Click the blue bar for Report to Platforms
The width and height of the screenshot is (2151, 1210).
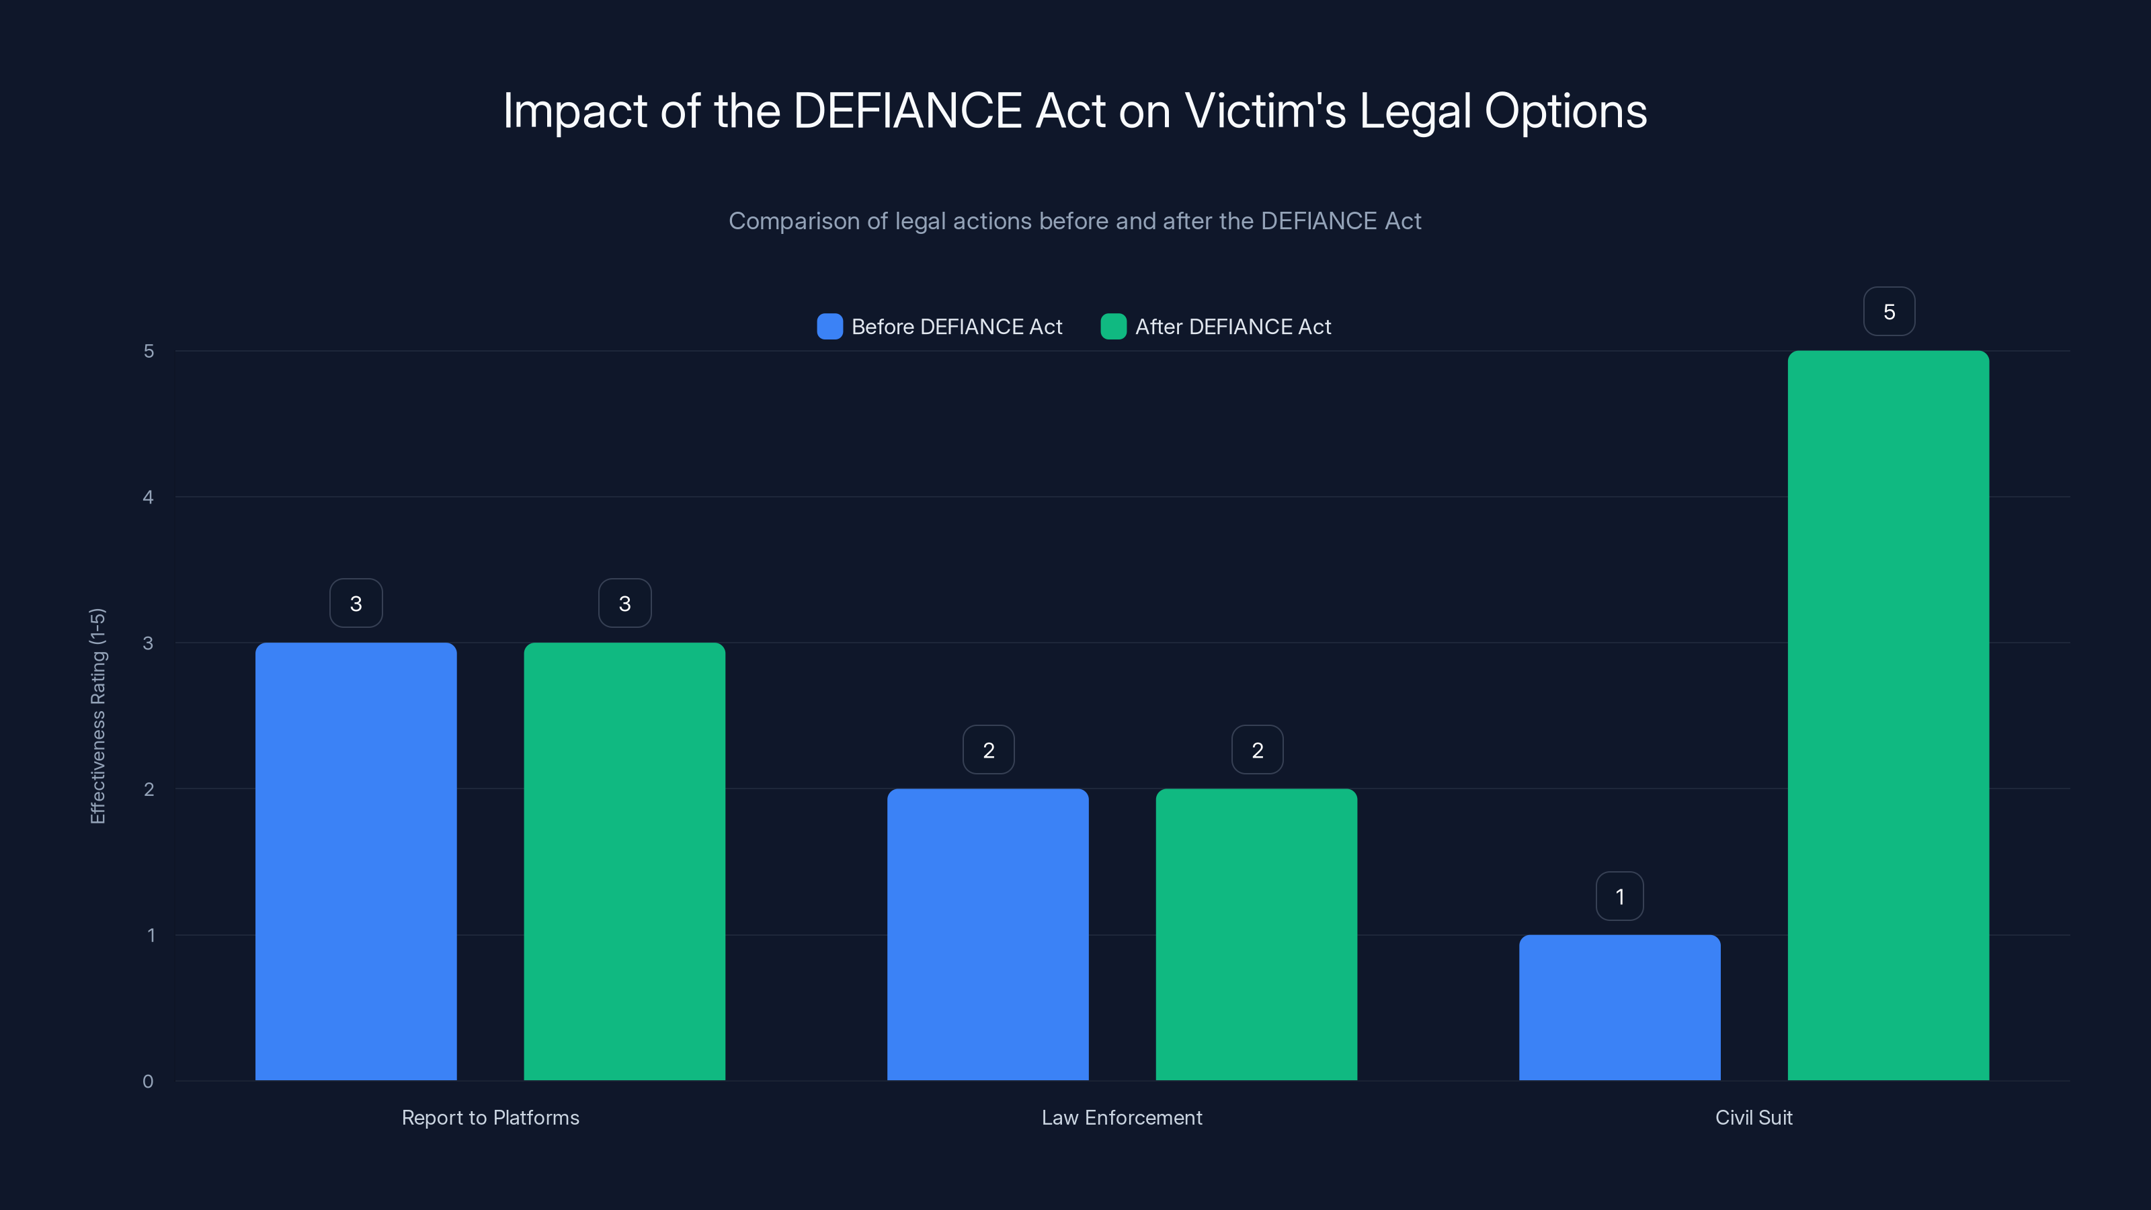click(x=356, y=861)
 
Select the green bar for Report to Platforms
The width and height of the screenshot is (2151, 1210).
click(x=624, y=861)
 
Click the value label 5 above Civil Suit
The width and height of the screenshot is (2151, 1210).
click(x=1889, y=311)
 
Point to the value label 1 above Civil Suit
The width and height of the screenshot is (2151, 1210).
click(x=1620, y=896)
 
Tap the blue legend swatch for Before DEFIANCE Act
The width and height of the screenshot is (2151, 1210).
click(x=829, y=327)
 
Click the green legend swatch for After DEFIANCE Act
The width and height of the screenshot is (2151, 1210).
click(x=1113, y=327)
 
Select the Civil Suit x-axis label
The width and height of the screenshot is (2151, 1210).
click(x=1754, y=1117)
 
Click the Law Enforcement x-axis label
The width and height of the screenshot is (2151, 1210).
click(x=1121, y=1117)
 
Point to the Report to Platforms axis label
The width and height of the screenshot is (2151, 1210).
click(x=490, y=1117)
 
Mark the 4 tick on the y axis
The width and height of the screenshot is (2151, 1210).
click(x=148, y=497)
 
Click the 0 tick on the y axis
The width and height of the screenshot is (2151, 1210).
click(x=148, y=1082)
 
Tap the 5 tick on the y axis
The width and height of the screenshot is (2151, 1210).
click(x=149, y=352)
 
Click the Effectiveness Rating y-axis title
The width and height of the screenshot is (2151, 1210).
click(x=97, y=716)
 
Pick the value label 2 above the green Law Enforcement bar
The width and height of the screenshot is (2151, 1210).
click(x=1258, y=750)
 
